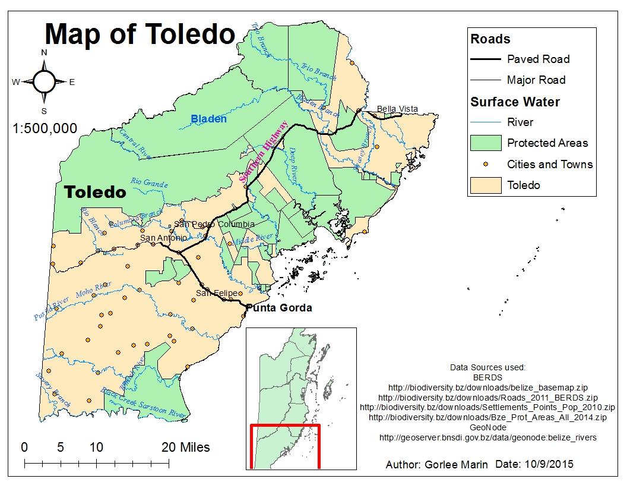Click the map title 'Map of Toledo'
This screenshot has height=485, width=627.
click(x=140, y=34)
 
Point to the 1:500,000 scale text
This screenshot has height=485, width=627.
click(x=45, y=128)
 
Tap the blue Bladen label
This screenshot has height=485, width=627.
click(x=208, y=119)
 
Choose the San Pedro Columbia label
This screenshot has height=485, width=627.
click(x=214, y=224)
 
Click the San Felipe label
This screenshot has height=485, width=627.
click(x=217, y=293)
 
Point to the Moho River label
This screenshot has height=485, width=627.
click(x=94, y=290)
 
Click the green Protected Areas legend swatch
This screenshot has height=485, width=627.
click(x=485, y=143)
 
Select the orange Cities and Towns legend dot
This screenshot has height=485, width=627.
click(x=486, y=164)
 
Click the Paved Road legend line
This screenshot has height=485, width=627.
click(x=485, y=59)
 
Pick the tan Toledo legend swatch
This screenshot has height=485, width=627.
click(x=485, y=185)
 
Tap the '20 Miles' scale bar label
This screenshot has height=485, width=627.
click(x=186, y=447)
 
